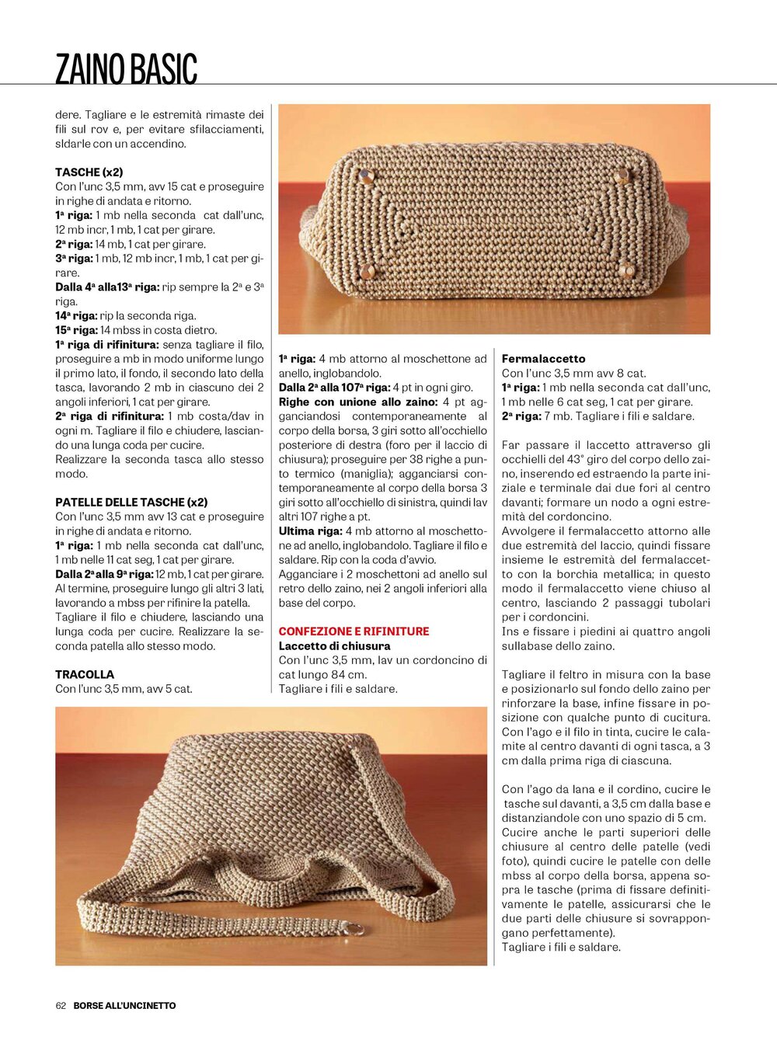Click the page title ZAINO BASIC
pyautogui.click(x=126, y=68)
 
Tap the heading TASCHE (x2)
pyautogui.click(x=89, y=172)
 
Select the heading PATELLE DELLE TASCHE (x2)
pyautogui.click(x=131, y=502)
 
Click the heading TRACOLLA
pyautogui.click(x=85, y=674)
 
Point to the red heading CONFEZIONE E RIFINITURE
pyautogui.click(x=354, y=631)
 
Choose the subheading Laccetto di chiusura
pyautogui.click(x=334, y=645)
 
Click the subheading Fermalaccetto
pyautogui.click(x=543, y=359)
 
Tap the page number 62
pyautogui.click(x=61, y=1005)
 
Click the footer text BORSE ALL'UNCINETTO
pyautogui.click(x=124, y=1005)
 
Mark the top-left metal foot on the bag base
pyautogui.click(x=364, y=176)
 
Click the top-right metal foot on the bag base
pyautogui.click(x=621, y=176)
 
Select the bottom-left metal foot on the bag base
pyautogui.click(x=368, y=271)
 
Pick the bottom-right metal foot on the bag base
pyautogui.click(x=625, y=270)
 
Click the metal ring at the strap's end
pyautogui.click(x=355, y=929)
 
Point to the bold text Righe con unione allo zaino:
pyautogui.click(x=358, y=402)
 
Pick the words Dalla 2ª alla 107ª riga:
pyautogui.click(x=334, y=388)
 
